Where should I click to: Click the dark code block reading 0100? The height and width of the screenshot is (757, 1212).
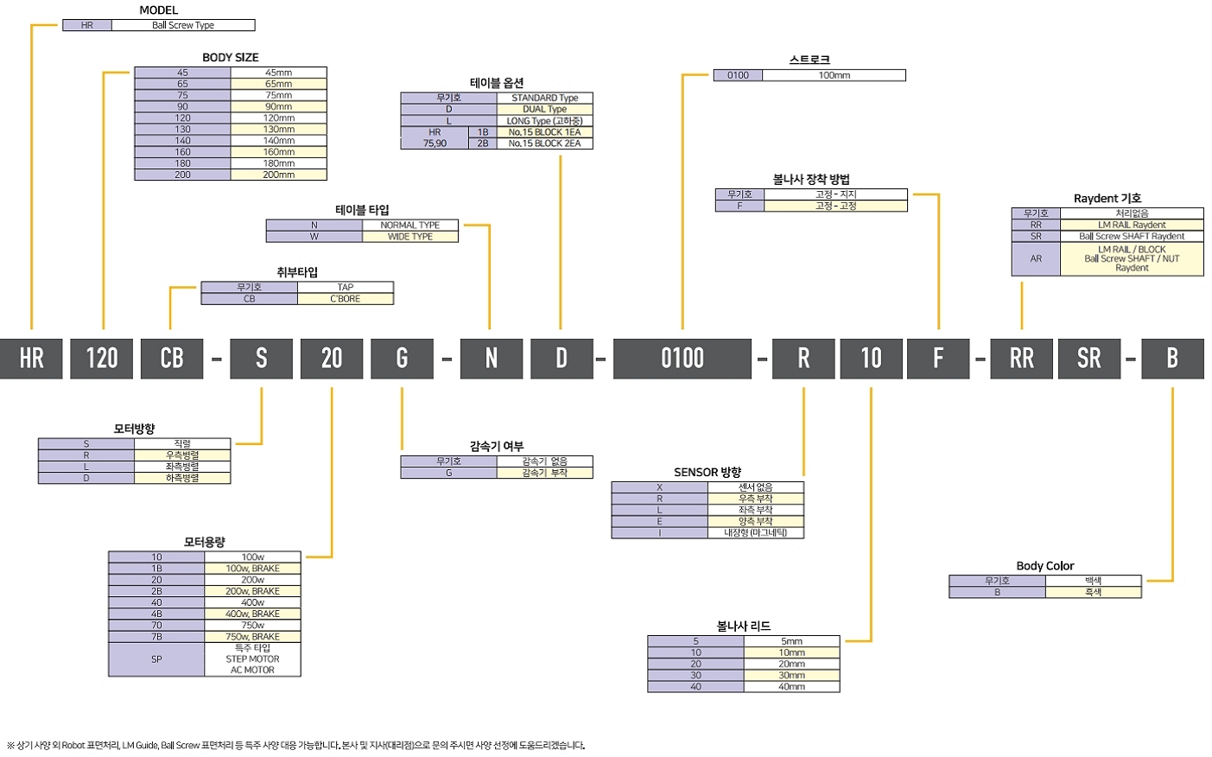click(682, 359)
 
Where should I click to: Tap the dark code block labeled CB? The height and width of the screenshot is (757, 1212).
click(172, 359)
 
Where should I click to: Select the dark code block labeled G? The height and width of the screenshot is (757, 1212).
click(402, 359)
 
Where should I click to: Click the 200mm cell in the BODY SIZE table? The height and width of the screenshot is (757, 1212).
click(279, 175)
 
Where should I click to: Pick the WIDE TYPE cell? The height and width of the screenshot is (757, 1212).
click(410, 237)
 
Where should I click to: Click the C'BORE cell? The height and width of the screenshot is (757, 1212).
click(346, 299)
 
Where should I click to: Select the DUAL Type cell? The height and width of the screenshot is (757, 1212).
click(544, 109)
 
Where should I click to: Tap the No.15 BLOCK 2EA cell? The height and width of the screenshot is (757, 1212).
click(544, 143)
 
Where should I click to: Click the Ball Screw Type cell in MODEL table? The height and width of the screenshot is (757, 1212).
click(183, 25)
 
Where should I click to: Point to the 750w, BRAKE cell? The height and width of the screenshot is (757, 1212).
click(252, 636)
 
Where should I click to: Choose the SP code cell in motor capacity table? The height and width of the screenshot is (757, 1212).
click(156, 659)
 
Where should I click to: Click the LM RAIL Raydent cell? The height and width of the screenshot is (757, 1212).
click(1132, 225)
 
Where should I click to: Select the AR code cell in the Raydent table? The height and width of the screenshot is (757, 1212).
click(1036, 258)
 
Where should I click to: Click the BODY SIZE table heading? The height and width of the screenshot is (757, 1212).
click(231, 57)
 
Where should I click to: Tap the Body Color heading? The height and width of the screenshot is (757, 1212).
click(1044, 566)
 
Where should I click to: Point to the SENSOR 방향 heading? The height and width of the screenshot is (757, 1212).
click(708, 473)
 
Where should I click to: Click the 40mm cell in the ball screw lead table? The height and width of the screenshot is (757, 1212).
click(791, 687)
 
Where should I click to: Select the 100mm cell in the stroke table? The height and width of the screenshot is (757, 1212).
click(834, 75)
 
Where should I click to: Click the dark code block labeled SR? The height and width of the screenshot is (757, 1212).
click(1088, 359)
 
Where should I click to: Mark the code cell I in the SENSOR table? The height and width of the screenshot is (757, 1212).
click(659, 533)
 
